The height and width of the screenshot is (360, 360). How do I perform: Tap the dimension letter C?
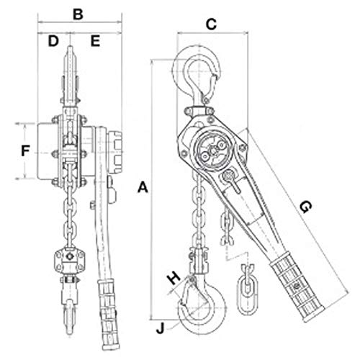211,24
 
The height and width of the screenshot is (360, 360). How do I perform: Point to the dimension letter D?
53,41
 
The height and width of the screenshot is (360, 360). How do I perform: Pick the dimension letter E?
95,41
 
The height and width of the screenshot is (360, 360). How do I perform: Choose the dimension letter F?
24,152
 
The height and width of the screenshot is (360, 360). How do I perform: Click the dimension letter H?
172,276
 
